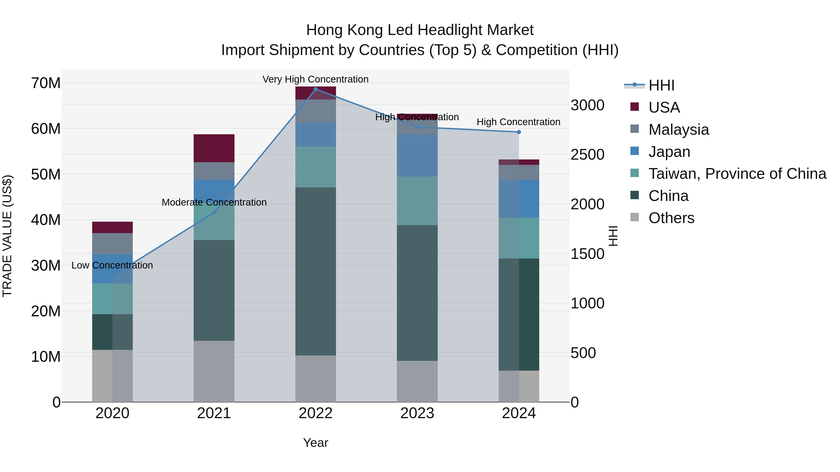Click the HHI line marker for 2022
click(315, 89)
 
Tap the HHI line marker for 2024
click(519, 132)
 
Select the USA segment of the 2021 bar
click(214, 148)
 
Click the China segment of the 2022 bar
click(315, 271)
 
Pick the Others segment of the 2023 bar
click(417, 381)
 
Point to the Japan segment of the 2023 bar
click(417, 155)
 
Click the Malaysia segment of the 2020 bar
click(112, 244)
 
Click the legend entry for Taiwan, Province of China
click(737, 174)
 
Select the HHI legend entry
click(661, 85)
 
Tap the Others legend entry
click(671, 218)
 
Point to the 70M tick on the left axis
click(46, 83)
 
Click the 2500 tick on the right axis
click(587, 155)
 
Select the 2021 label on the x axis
click(214, 413)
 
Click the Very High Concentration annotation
click(315, 79)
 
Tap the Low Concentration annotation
click(112, 265)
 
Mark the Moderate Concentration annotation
click(214, 202)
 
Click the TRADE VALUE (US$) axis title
click(7, 236)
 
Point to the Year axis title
click(315, 443)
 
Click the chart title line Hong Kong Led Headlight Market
click(420, 30)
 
